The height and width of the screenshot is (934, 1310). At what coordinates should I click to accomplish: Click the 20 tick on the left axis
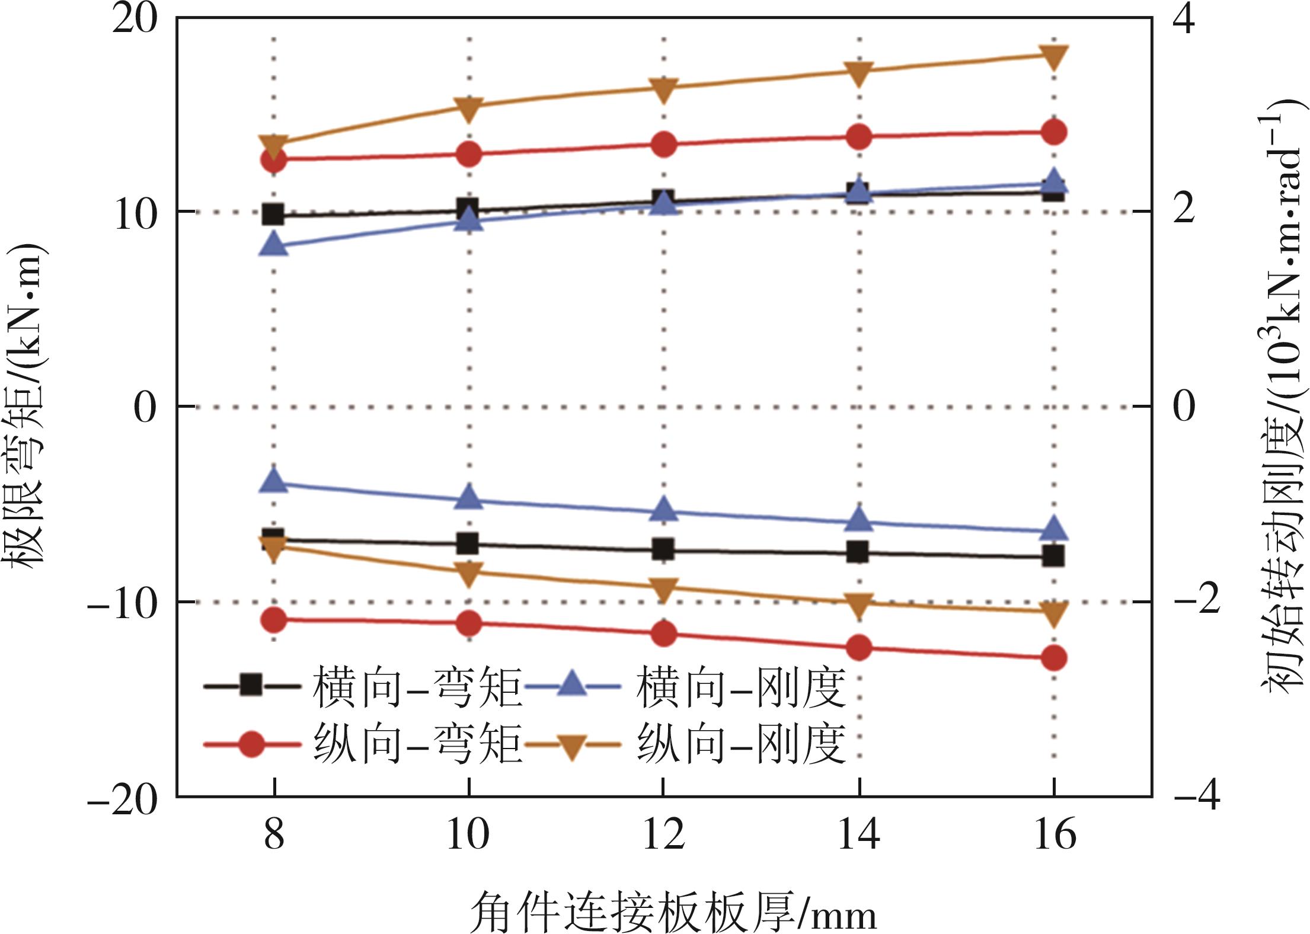click(135, 19)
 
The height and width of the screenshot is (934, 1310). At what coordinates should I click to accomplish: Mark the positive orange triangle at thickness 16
click(1054, 57)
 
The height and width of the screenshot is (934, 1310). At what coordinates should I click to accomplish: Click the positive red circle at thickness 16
click(1054, 132)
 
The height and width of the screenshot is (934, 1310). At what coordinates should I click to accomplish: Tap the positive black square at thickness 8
click(274, 215)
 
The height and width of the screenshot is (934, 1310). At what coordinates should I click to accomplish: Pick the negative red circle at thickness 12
click(663, 634)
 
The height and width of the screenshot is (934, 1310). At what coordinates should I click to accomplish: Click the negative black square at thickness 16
click(1054, 556)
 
